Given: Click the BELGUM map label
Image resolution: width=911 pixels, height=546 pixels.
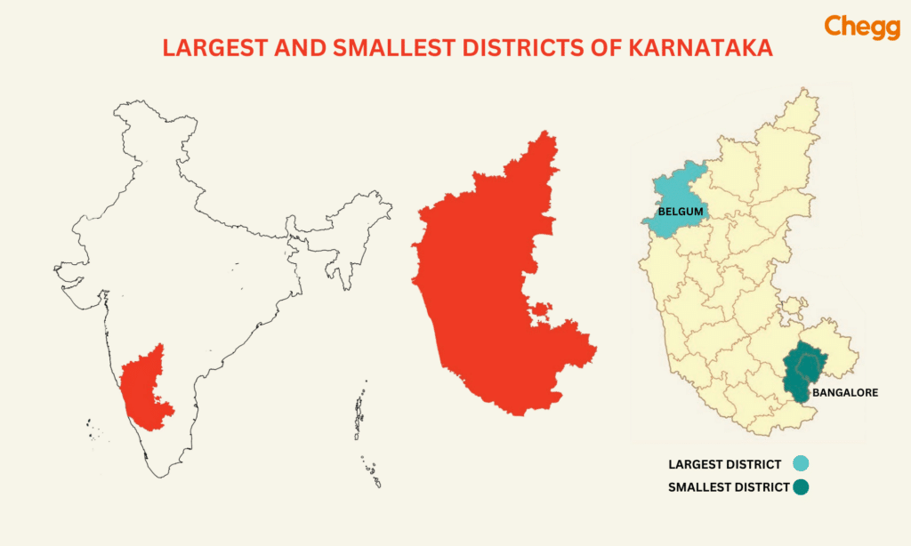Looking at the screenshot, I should (681, 212).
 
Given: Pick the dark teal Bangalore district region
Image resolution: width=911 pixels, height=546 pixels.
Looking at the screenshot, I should (805, 373).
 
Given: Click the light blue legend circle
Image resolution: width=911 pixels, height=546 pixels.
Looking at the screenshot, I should (799, 463).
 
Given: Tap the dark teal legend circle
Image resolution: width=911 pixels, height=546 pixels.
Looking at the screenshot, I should (799, 486).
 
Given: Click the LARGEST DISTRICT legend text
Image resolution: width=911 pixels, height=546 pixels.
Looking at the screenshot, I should (724, 464).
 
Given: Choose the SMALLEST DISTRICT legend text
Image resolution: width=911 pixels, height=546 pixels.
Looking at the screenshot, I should (728, 487).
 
